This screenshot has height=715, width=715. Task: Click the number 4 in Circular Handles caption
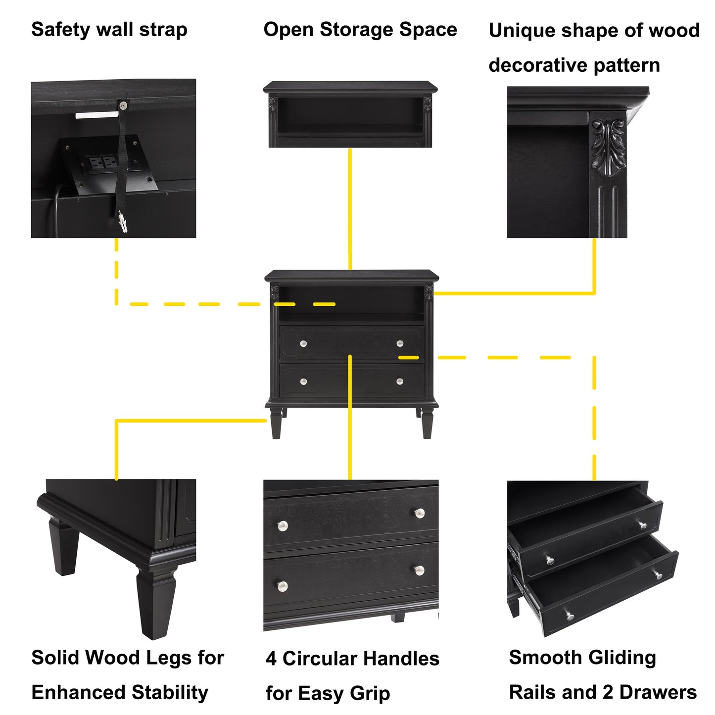(x=271, y=659)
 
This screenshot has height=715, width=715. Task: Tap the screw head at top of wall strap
(x=123, y=105)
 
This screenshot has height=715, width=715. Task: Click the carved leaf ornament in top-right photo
(x=608, y=145)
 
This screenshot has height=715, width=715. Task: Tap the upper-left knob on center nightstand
(x=303, y=344)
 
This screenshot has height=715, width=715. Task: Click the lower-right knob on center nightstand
(x=400, y=381)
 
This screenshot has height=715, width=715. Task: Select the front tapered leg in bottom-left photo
(x=157, y=604)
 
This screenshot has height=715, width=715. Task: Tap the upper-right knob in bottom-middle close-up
(x=420, y=513)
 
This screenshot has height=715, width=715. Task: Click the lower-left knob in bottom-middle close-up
(x=283, y=586)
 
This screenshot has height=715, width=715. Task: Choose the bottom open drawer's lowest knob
(x=570, y=616)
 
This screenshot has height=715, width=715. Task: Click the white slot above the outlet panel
(x=97, y=115)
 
